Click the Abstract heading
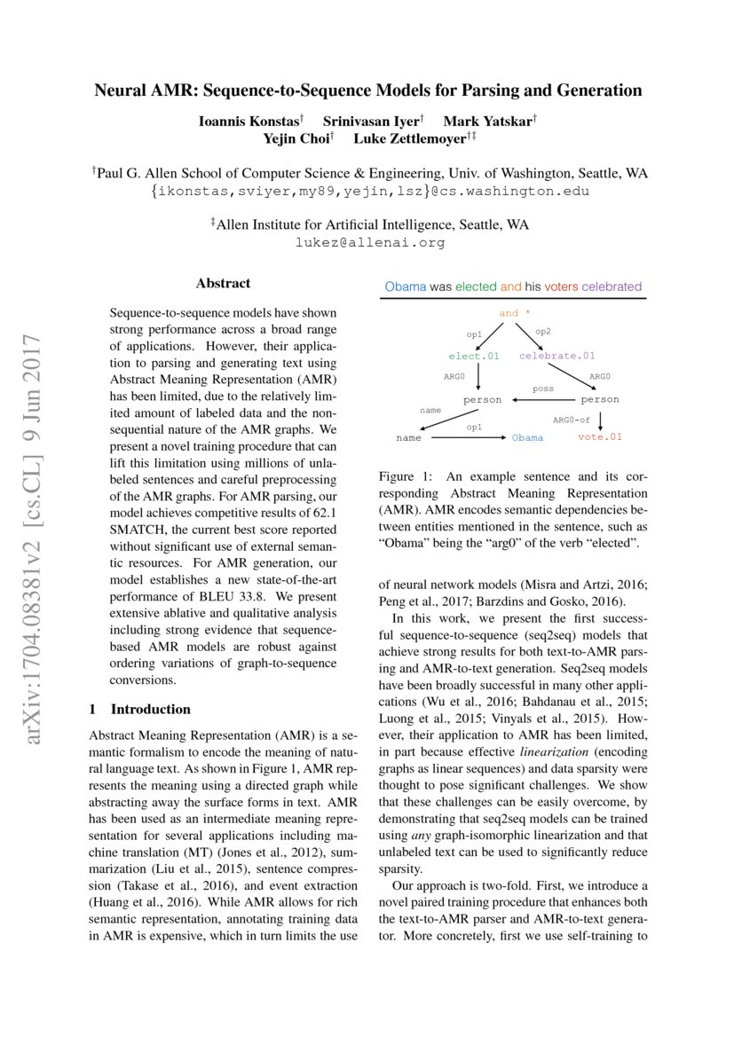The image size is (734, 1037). click(223, 284)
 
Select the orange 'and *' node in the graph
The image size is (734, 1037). click(515, 313)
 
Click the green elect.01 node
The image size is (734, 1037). click(475, 356)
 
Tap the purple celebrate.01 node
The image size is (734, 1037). click(556, 356)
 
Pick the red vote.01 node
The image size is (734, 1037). click(600, 436)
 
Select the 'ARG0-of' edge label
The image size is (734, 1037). click(572, 418)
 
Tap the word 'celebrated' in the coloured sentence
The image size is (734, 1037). click(612, 287)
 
